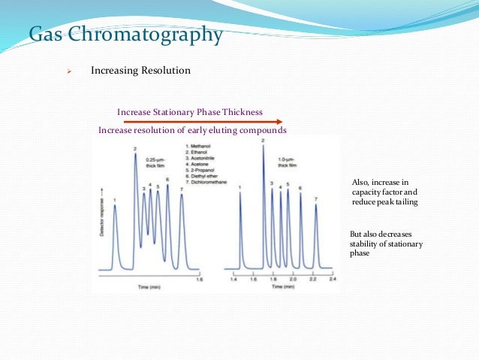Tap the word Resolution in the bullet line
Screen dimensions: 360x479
(165, 71)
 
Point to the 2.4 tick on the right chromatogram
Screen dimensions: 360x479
(332, 279)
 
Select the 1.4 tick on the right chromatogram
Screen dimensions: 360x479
(234, 279)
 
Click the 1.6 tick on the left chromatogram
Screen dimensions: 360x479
(199, 279)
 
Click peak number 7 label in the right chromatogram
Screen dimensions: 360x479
(316, 199)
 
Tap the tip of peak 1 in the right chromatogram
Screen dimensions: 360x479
(239, 192)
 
